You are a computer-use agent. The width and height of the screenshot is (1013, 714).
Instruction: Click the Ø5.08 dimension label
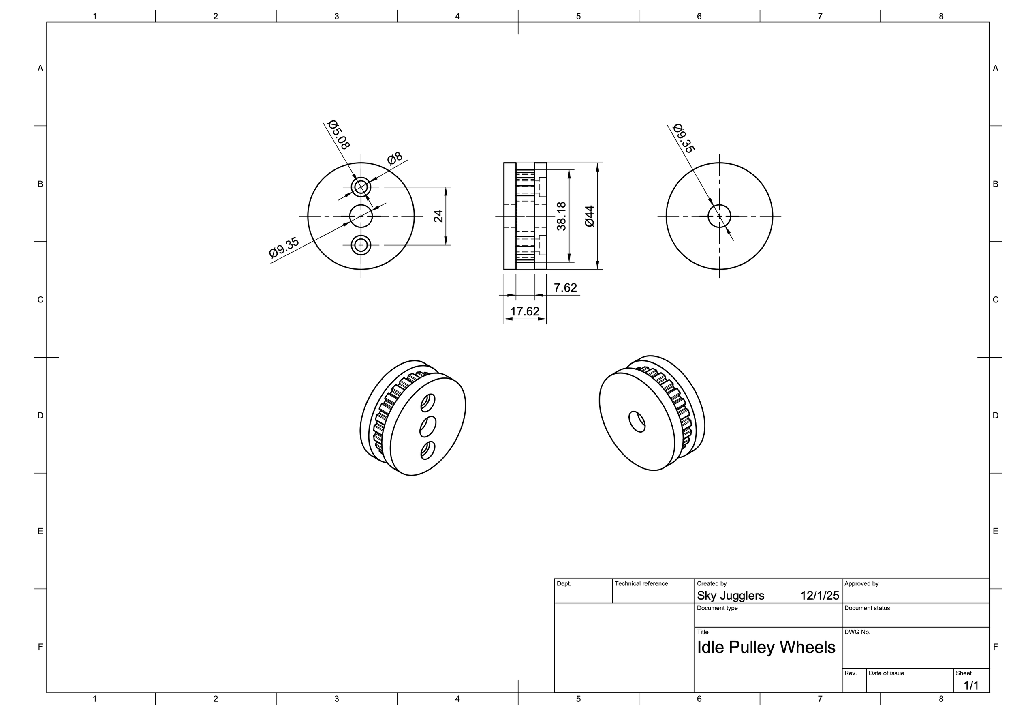click(339, 135)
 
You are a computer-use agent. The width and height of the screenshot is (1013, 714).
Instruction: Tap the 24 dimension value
click(438, 216)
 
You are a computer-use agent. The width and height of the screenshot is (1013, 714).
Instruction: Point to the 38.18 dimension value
click(561, 216)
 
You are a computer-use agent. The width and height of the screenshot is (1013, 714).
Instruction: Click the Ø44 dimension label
click(590, 216)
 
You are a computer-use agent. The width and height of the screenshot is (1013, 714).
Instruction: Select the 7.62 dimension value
click(565, 288)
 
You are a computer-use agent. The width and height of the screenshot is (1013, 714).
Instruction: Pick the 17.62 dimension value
click(525, 312)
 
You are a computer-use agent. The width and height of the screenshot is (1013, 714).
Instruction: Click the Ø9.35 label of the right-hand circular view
click(684, 139)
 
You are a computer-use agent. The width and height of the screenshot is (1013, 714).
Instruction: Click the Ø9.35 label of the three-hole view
click(284, 247)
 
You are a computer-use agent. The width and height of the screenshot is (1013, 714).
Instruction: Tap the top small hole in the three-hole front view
click(361, 187)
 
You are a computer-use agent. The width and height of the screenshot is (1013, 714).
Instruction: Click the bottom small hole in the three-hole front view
click(361, 244)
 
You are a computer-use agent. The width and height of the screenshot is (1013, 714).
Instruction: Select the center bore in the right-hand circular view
click(719, 216)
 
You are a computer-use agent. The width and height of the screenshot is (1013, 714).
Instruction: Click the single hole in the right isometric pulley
click(637, 421)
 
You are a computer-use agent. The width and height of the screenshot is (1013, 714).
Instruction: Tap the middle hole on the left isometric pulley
click(427, 426)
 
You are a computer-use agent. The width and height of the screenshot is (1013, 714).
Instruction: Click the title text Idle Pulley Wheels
click(766, 648)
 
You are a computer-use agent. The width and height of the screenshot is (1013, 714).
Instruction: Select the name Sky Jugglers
click(730, 596)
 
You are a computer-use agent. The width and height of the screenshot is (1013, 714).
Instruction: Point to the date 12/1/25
click(819, 596)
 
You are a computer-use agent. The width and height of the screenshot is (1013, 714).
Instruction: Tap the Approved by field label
click(861, 584)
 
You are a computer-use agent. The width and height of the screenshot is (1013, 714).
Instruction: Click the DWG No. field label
click(857, 632)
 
